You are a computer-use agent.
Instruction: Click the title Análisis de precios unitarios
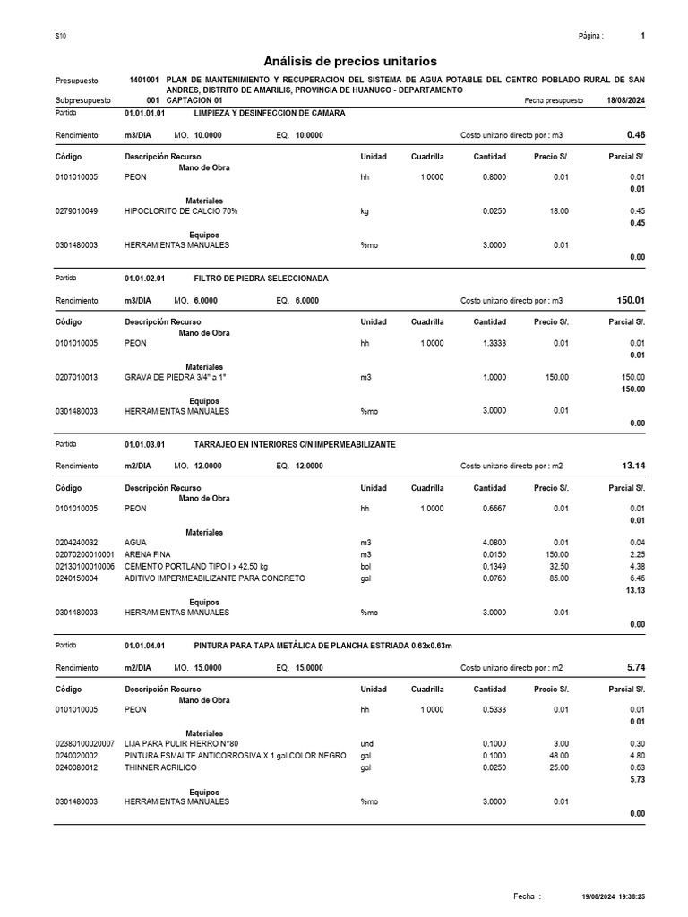click(x=350, y=62)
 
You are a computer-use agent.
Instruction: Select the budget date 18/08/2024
click(x=625, y=101)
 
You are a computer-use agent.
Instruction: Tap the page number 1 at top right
click(x=643, y=36)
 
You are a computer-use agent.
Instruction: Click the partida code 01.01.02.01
click(x=144, y=279)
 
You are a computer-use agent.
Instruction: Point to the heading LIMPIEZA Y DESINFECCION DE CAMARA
click(x=269, y=114)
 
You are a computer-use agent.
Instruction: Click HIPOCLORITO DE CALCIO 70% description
click(x=181, y=211)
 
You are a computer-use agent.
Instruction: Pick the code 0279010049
click(x=77, y=211)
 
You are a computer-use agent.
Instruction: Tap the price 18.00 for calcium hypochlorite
click(x=558, y=211)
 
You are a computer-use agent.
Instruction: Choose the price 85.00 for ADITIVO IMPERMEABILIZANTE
click(x=558, y=578)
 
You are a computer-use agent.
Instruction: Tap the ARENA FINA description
click(x=147, y=555)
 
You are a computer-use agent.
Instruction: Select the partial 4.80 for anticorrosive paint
click(x=636, y=756)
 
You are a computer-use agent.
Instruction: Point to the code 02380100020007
click(x=84, y=744)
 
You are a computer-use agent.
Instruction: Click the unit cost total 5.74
click(x=634, y=667)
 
